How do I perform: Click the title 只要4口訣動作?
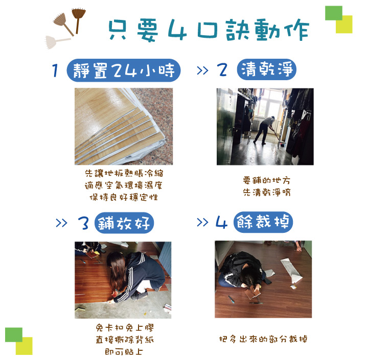coord(209,30)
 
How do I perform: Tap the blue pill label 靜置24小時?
coord(124,70)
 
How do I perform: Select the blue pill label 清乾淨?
coord(267,69)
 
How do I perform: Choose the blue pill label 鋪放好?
coord(124,223)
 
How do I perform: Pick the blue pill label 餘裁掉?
coord(263,222)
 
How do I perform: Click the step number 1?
coord(55,70)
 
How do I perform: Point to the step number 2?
coord(222,69)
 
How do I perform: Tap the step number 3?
coord(83,223)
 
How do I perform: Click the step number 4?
coord(221,222)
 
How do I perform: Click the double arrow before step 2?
coord(202,70)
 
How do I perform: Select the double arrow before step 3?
coord(61,223)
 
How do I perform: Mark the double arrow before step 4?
coord(202,222)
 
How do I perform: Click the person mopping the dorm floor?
coord(265,130)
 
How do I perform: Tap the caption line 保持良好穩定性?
coord(124,197)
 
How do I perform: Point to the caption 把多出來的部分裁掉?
coord(263,339)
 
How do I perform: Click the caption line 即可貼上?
coord(124,351)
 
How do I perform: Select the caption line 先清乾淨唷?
coord(267,192)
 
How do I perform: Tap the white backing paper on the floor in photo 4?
coord(291,271)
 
